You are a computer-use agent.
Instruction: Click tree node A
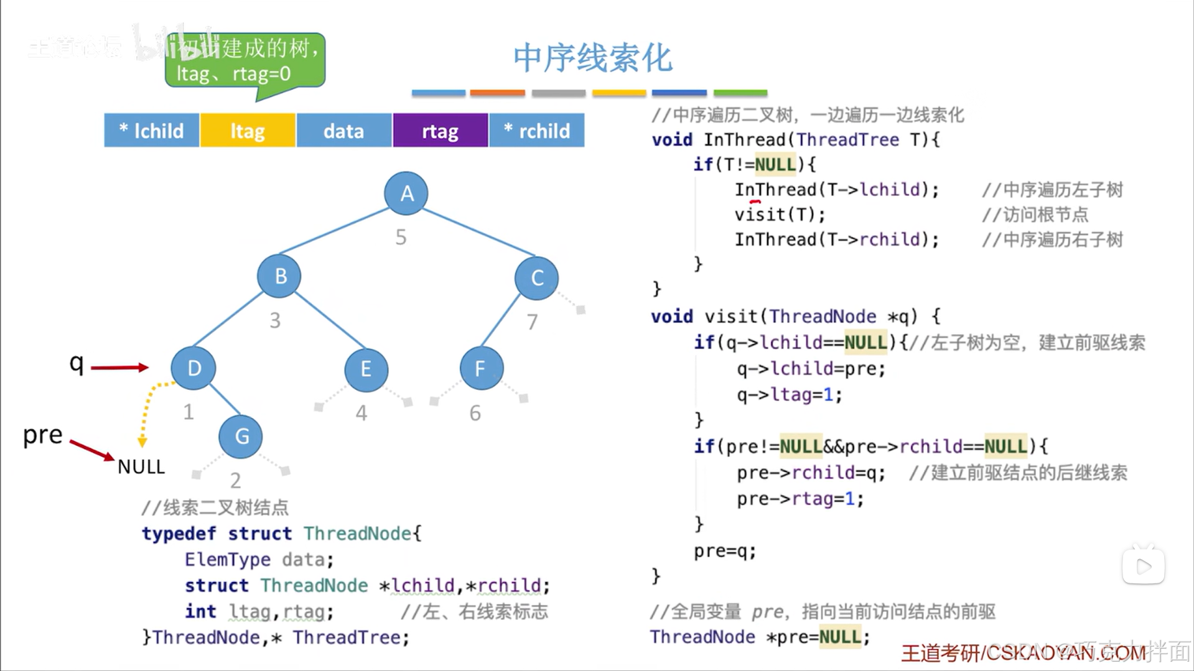tap(406, 193)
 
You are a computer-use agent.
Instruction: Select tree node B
tap(279, 275)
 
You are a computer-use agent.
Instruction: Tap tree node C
tap(536, 278)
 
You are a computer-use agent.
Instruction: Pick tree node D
tap(194, 368)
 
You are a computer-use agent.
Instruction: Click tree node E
tap(366, 369)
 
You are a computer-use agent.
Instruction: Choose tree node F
tap(481, 369)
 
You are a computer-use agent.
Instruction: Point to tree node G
tap(241, 437)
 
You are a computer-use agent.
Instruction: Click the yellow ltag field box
tap(248, 131)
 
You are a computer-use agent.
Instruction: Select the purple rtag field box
tap(440, 131)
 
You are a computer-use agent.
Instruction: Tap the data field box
tap(344, 131)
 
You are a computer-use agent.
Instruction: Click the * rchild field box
tap(536, 131)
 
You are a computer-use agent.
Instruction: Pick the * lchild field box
tap(152, 131)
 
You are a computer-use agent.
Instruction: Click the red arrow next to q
tap(119, 368)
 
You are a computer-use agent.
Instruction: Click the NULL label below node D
tap(141, 467)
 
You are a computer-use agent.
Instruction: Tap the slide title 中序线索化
tap(592, 58)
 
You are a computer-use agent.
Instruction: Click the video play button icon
tap(1143, 566)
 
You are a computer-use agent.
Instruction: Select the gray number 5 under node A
tap(401, 237)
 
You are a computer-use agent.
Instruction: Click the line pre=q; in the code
tap(725, 551)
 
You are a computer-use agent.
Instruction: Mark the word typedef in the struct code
tap(179, 534)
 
